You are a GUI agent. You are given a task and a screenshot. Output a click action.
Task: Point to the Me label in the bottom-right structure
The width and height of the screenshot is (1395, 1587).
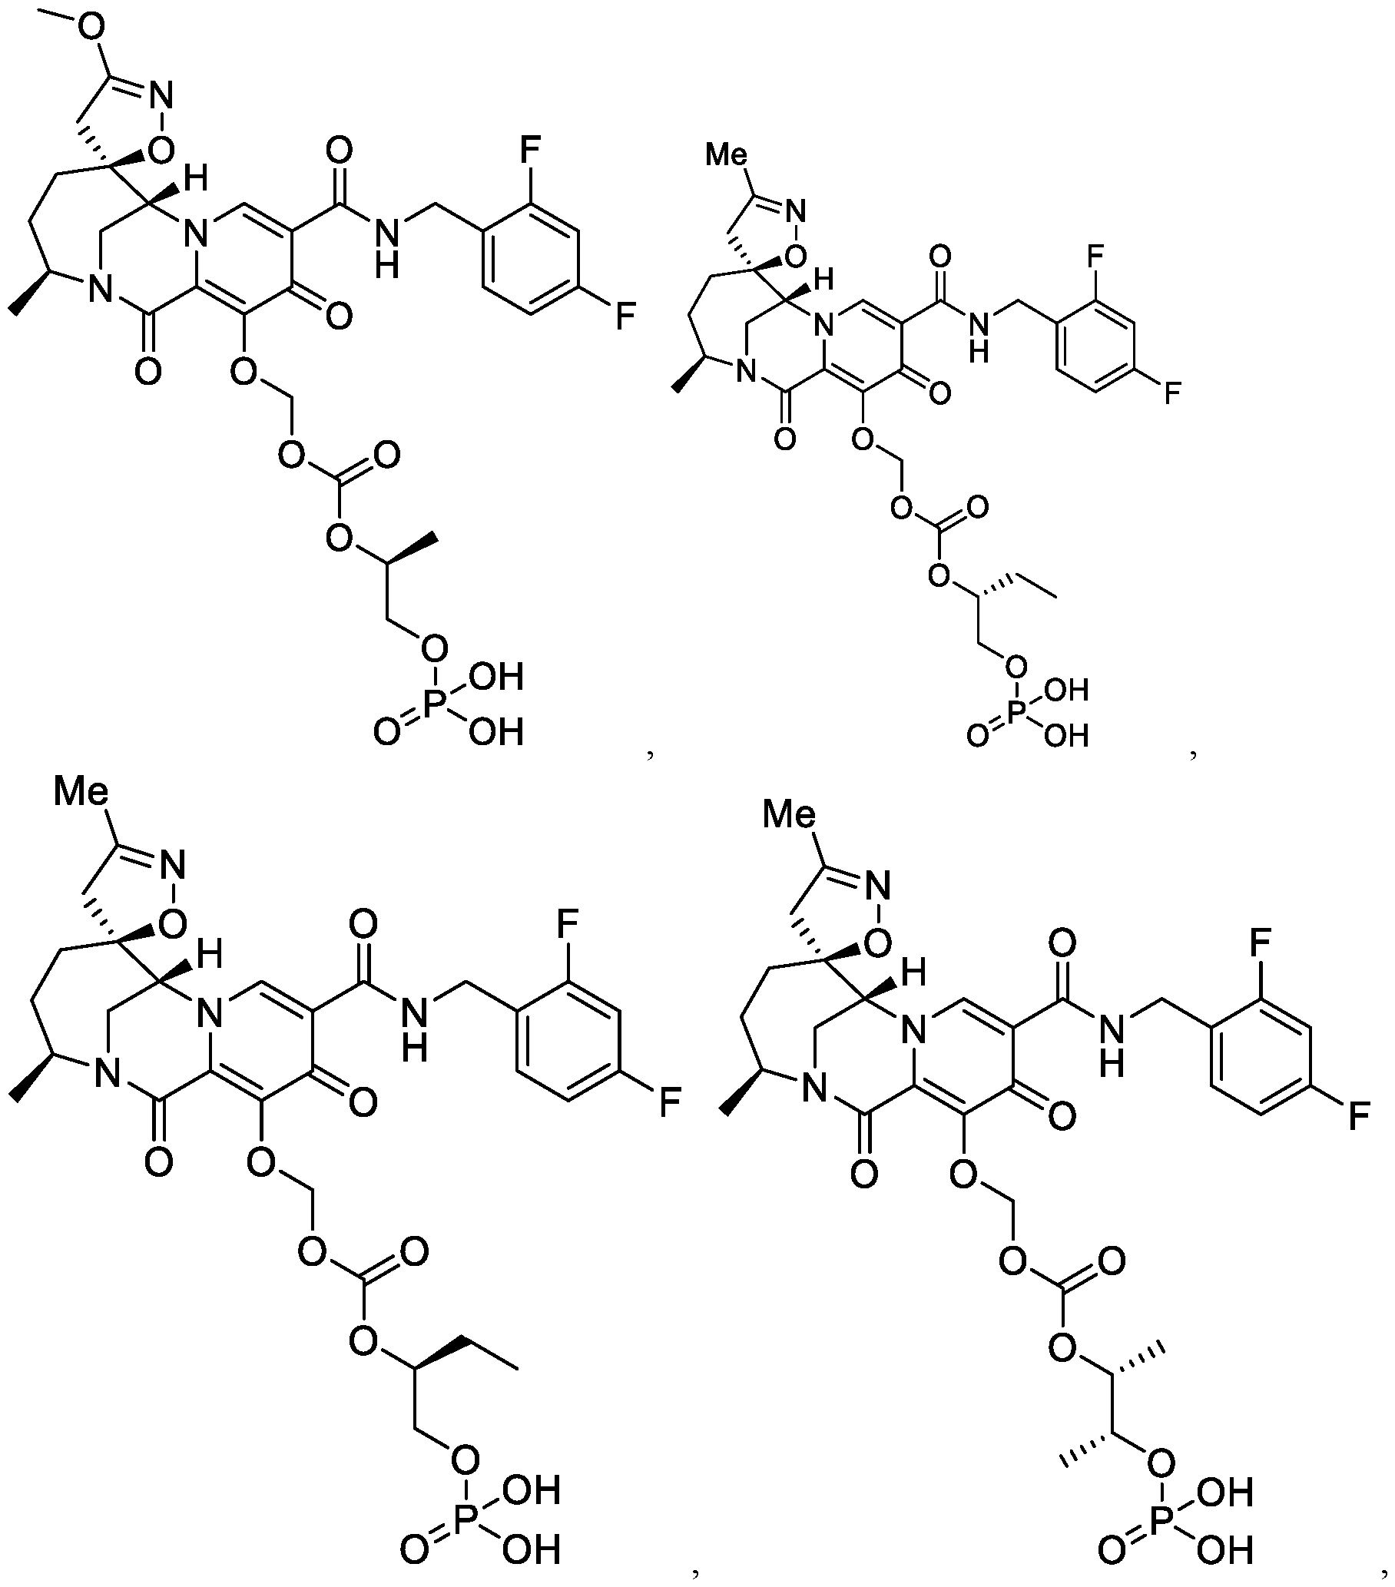[790, 814]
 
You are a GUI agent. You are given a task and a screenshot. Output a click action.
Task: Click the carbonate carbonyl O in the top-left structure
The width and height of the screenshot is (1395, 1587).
[386, 453]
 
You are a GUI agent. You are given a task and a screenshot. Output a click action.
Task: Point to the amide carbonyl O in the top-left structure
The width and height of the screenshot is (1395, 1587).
[340, 150]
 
